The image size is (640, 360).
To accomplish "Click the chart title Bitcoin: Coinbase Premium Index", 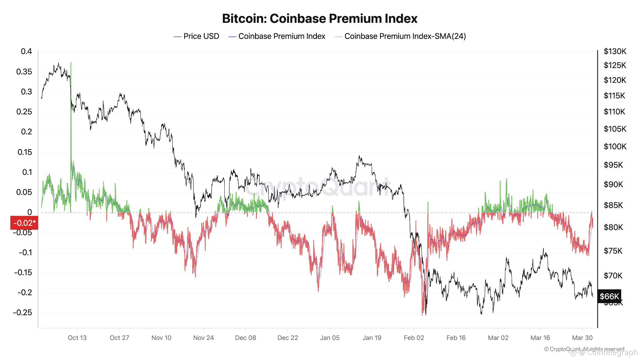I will [320, 19].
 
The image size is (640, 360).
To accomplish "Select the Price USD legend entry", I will [197, 36].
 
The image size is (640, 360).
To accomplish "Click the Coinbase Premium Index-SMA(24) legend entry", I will [400, 36].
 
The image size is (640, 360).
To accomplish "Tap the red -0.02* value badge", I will [24, 223].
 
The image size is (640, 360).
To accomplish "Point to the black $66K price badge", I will [609, 296].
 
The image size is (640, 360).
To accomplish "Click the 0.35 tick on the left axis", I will [24, 72].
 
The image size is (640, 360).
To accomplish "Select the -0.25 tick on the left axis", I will [22, 312].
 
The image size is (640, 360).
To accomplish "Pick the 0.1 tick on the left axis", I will [27, 172].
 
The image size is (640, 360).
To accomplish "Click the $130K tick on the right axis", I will [615, 51].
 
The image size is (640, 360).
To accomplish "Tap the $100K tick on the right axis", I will [615, 146].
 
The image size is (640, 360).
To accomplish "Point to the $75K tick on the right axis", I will [613, 251].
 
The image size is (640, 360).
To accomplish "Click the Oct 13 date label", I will [77, 337].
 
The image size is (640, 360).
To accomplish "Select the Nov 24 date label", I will [203, 337].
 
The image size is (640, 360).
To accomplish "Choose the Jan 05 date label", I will [330, 337].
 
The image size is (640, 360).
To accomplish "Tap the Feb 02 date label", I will [414, 337].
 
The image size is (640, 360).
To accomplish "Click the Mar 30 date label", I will [582, 337].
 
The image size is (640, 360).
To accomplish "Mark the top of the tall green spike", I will [71, 63].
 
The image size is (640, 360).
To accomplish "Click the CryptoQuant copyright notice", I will [584, 349].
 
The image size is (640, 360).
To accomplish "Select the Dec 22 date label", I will [287, 337].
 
